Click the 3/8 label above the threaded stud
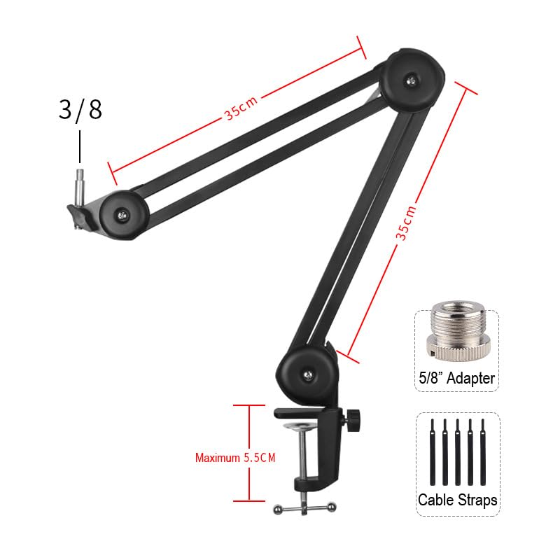pyautogui.click(x=80, y=110)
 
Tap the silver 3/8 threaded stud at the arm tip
pyautogui.click(x=80, y=187)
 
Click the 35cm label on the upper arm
pyautogui.click(x=240, y=108)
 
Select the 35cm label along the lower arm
pyautogui.click(x=407, y=223)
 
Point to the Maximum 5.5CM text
pyautogui.click(x=235, y=458)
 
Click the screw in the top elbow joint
pyautogui.click(x=412, y=80)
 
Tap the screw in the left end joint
pyautogui.click(x=122, y=215)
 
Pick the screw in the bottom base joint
pyautogui.click(x=308, y=375)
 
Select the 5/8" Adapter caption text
pyautogui.click(x=457, y=378)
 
